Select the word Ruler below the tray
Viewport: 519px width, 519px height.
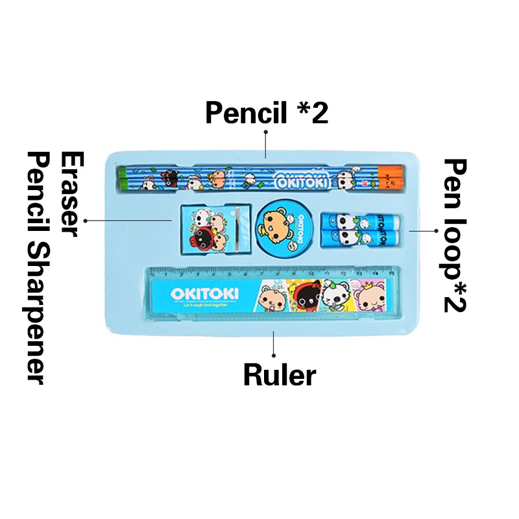[x=280, y=374]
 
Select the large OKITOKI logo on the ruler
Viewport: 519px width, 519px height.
[x=205, y=294]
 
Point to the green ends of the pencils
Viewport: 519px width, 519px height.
[x=121, y=176]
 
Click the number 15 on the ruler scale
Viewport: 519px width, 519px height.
[x=391, y=274]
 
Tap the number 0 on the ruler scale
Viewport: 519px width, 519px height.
[x=154, y=274]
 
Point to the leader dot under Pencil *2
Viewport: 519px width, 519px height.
[x=265, y=132]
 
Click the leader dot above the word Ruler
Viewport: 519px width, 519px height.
[x=274, y=355]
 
